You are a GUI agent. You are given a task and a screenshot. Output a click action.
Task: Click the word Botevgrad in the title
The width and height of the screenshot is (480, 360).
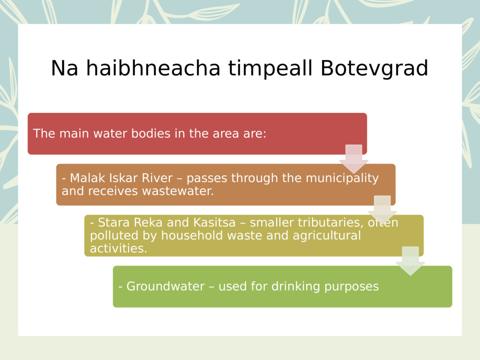point(374,69)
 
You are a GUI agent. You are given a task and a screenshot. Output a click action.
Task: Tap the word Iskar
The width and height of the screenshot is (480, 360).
point(114,178)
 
